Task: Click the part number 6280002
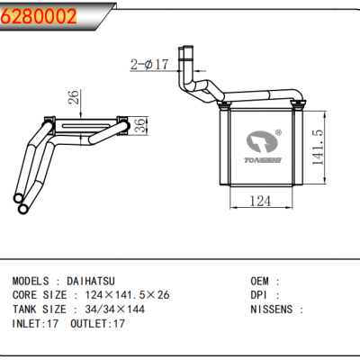coord(38,15)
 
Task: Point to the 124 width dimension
coord(259,202)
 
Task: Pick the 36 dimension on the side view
coord(139,127)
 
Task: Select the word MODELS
coord(34,281)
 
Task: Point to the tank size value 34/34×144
coord(112,309)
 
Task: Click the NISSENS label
coord(273,309)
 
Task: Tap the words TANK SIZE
coord(41,309)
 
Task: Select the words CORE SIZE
coord(41,294)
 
